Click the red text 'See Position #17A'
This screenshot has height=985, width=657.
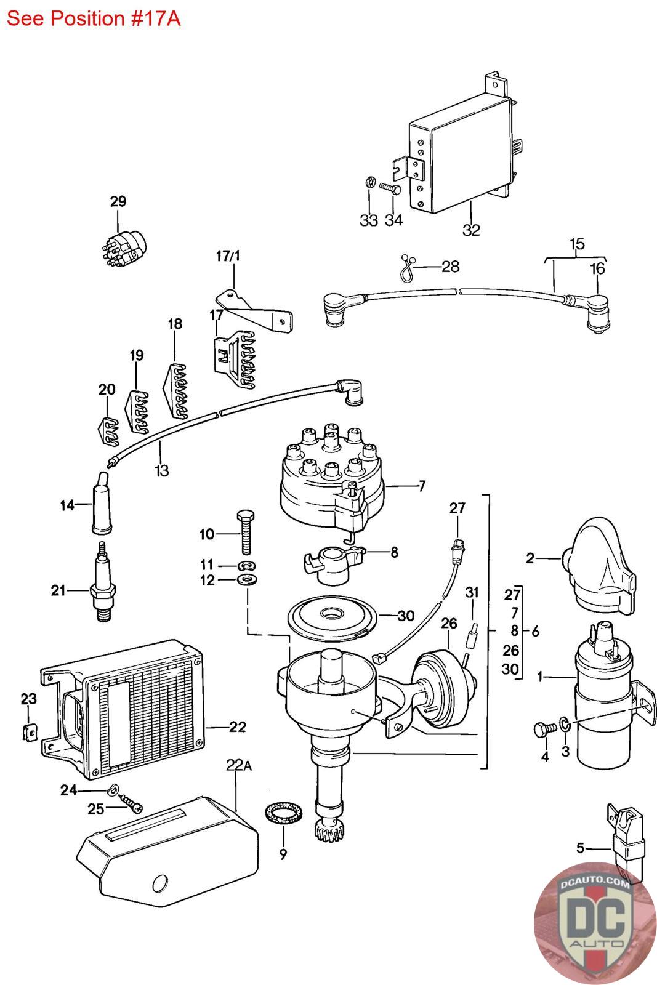click(94, 18)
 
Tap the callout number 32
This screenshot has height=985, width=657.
click(471, 230)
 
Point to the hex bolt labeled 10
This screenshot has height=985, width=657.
click(246, 532)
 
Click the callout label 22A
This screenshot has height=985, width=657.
click(239, 765)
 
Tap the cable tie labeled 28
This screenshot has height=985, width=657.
click(408, 268)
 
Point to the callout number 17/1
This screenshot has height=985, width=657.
click(228, 255)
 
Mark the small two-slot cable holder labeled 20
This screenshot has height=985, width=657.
click(107, 430)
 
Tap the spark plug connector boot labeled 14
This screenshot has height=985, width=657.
click(101, 503)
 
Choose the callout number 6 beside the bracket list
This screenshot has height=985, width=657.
click(535, 632)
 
